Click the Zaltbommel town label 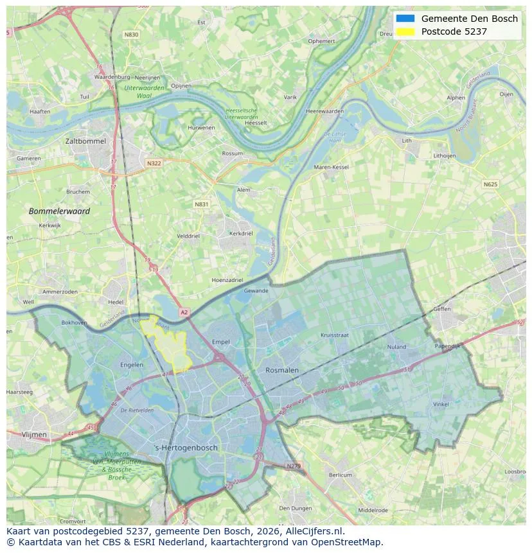pos(85,141)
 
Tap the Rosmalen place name pos(282,370)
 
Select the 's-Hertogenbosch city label pos(186,448)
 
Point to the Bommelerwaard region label pos(59,211)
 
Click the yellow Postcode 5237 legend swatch pos(405,31)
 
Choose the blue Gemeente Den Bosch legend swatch pos(405,19)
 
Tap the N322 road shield pos(154,163)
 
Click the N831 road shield pos(201,204)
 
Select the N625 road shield pos(490,184)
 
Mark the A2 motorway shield pos(184,312)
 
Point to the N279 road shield pos(293,466)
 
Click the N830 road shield pos(131,35)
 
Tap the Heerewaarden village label pos(324,111)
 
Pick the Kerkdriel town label pos(241,233)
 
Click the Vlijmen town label pos(34,434)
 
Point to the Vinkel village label pos(441,404)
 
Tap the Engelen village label pos(132,365)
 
